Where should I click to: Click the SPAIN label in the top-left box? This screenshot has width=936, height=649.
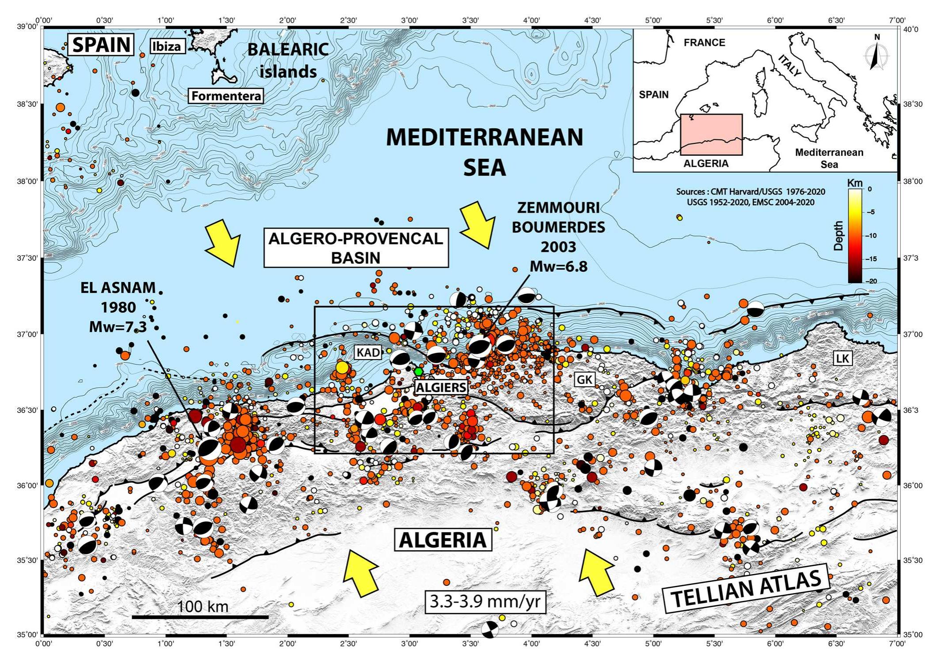point(101,45)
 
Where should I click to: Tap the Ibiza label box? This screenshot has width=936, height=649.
point(167,46)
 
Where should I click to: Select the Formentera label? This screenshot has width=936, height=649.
point(226,96)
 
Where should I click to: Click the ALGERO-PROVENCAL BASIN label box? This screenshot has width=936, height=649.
point(356,248)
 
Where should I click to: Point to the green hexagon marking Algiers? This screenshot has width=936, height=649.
point(418,371)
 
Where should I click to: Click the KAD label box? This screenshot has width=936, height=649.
point(368,352)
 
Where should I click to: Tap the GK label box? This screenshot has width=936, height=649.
point(585,379)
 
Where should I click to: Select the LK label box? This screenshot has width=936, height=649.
point(842,358)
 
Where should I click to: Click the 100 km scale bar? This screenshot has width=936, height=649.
point(200,617)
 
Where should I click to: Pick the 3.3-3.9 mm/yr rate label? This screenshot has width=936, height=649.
point(485,602)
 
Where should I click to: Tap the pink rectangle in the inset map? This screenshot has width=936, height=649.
point(711,135)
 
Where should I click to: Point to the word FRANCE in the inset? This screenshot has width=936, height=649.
point(704,42)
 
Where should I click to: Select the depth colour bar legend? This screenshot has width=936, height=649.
point(854,235)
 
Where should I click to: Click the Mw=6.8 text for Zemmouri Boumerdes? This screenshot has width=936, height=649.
point(558,266)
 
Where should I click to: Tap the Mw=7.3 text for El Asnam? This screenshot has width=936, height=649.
point(117,327)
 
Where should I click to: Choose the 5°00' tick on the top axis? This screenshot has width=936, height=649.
point(653,20)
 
